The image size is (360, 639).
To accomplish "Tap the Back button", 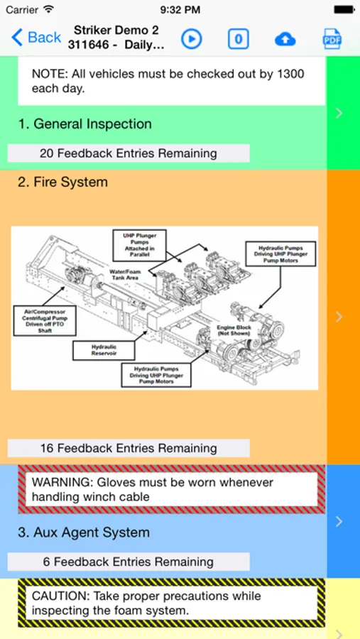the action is click(x=36, y=38).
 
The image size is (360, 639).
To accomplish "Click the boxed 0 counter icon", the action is click(x=238, y=39).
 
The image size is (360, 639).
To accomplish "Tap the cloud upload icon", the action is click(x=285, y=39).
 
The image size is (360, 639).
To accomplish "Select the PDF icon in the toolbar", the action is click(x=332, y=39).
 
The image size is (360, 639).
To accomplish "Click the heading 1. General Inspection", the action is click(x=84, y=124).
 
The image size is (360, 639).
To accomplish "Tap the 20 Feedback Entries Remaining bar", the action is click(x=129, y=153).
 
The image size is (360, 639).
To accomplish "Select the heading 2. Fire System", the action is click(x=62, y=182).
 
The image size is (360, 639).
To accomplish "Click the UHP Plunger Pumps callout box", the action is click(x=140, y=246).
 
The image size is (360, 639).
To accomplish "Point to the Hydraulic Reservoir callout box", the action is click(x=104, y=351).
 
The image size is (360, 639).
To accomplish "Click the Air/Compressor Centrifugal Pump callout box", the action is click(x=45, y=321).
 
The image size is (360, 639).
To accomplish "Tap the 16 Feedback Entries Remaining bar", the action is click(x=129, y=448).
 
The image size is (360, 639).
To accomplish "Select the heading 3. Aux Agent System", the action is click(x=84, y=532).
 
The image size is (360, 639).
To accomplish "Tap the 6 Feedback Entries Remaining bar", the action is click(x=129, y=562).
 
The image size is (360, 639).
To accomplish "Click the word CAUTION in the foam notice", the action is click(x=61, y=596).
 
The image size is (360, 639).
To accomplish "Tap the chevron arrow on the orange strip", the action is click(x=339, y=317).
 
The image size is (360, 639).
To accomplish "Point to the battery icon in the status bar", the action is click(x=344, y=9).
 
